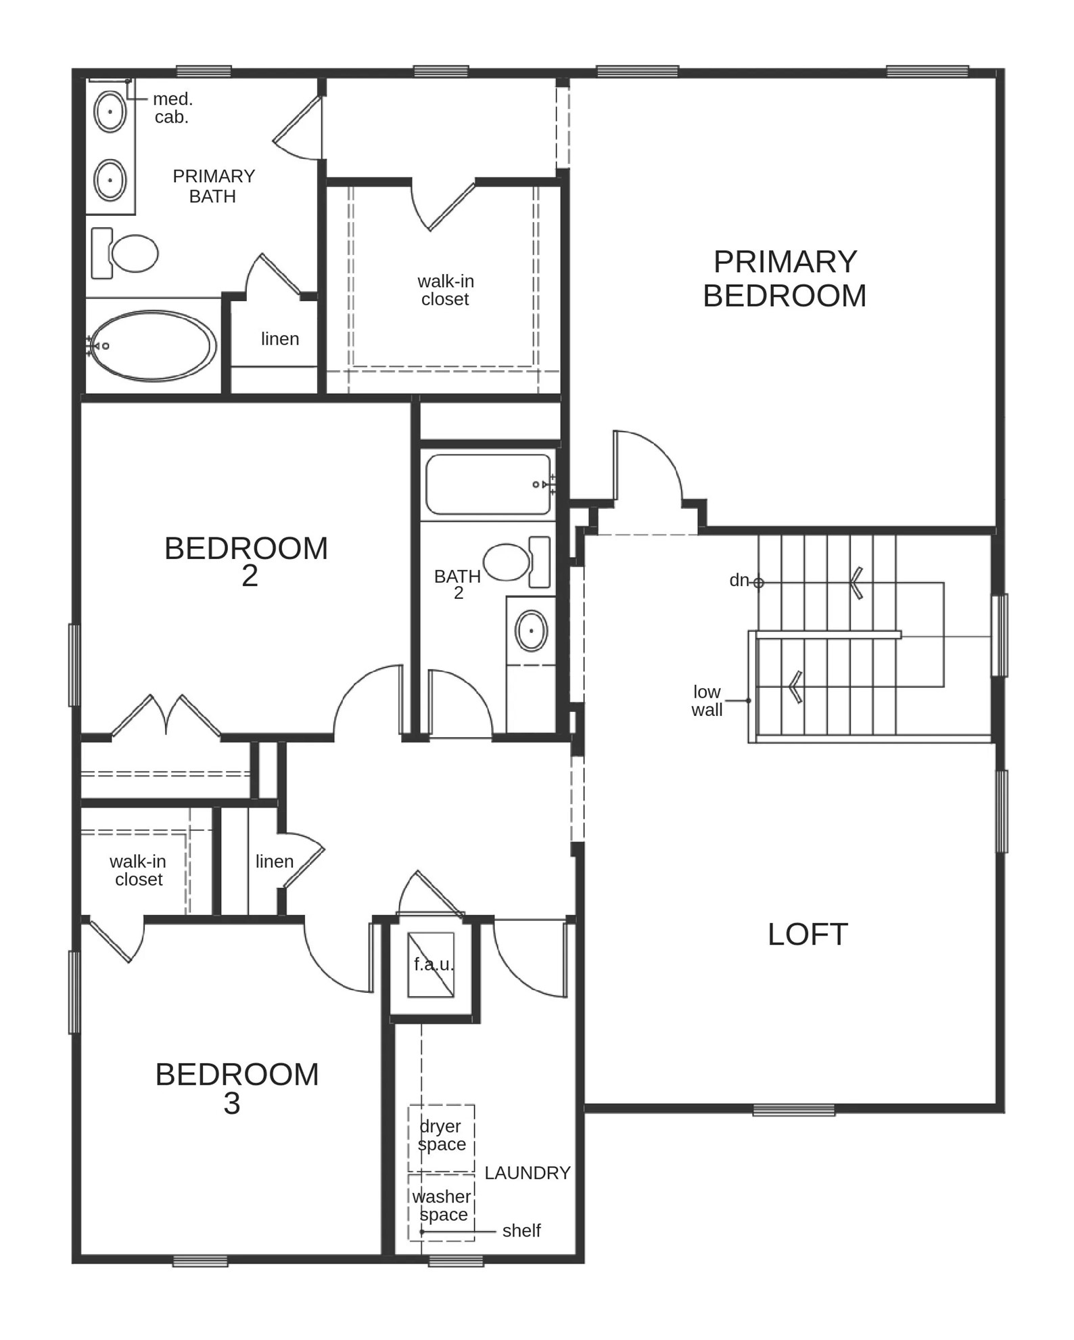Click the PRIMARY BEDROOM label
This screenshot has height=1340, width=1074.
point(785,279)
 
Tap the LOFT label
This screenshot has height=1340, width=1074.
point(808,935)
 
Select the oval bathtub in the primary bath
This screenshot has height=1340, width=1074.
point(153,345)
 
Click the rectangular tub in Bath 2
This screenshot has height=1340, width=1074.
point(488,485)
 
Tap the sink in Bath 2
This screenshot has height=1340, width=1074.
point(531,631)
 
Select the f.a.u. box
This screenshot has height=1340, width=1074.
point(431,964)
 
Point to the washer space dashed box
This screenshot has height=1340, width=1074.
point(441,1207)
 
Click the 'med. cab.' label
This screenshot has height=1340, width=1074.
point(172,108)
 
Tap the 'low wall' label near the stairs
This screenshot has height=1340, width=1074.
point(707,700)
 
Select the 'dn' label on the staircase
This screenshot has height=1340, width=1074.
point(739,580)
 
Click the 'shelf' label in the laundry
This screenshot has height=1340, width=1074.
point(521,1230)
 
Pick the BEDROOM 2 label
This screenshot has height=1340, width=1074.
point(246,560)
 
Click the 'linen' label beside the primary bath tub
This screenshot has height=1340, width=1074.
point(280,338)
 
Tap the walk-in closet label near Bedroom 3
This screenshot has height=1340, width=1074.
point(138,870)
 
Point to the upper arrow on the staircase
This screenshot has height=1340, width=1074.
point(857,583)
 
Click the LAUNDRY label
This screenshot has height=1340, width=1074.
point(528,1173)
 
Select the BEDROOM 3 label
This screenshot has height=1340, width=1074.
point(237,1088)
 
